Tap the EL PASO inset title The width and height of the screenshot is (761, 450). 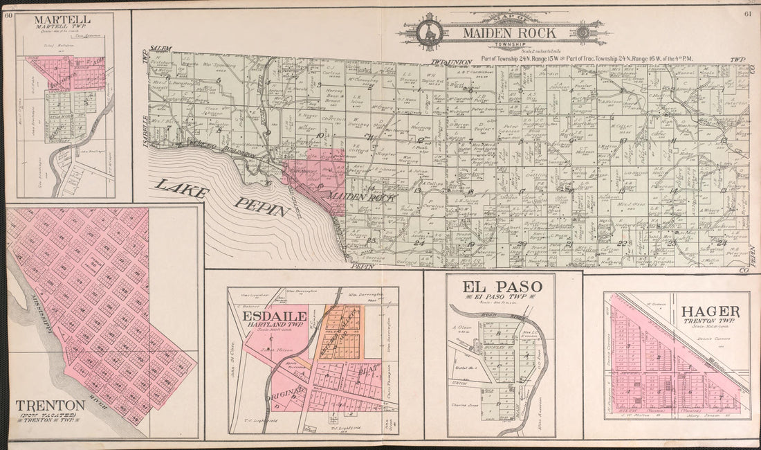[x=502, y=285]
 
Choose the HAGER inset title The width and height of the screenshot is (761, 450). [x=710, y=312]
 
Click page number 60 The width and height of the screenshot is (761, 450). [x=9, y=15]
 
